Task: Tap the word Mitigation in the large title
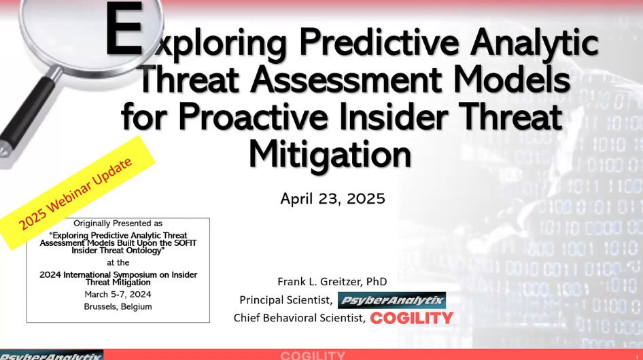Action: click(x=330, y=154)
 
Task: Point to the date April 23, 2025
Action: click(x=332, y=199)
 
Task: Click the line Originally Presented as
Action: click(x=118, y=223)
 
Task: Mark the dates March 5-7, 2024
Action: click(x=118, y=294)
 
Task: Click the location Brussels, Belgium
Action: click(x=118, y=306)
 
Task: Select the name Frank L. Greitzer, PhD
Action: click(x=333, y=281)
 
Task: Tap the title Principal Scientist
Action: click(x=285, y=300)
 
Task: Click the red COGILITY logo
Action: click(x=412, y=318)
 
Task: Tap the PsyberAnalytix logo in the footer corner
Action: click(x=51, y=355)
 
